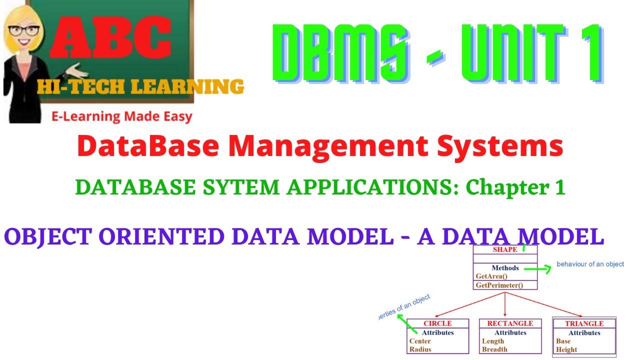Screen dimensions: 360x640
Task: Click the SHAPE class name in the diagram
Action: click(505, 249)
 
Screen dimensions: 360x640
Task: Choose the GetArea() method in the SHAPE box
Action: click(492, 276)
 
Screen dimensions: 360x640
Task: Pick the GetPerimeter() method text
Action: click(499, 285)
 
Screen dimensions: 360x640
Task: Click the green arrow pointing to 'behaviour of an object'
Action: click(537, 268)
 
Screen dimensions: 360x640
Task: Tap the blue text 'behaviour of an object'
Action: click(590, 264)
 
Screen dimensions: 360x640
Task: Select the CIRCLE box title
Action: click(437, 323)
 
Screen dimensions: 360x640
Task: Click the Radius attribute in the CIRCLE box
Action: click(420, 349)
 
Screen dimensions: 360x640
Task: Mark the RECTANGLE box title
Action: click(510, 323)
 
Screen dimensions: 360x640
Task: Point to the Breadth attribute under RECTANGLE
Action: click(494, 349)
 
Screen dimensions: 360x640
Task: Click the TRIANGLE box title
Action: click(584, 323)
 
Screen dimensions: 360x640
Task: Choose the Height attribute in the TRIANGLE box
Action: click(566, 349)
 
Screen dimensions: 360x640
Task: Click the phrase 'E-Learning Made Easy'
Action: click(122, 117)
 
